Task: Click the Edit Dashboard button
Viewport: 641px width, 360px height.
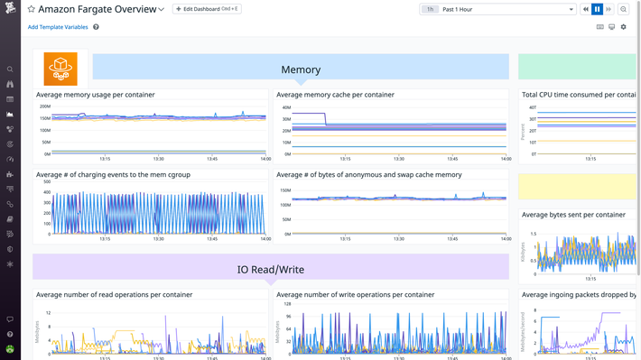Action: click(x=206, y=9)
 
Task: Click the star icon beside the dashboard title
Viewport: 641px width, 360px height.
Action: click(x=31, y=9)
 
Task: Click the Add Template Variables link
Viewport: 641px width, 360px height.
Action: click(x=58, y=27)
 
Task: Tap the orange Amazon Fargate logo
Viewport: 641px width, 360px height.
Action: click(x=60, y=69)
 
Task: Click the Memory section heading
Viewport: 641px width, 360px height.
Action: click(x=301, y=69)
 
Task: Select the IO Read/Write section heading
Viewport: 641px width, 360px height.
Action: click(x=271, y=269)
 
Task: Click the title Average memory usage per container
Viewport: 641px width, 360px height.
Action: click(x=95, y=95)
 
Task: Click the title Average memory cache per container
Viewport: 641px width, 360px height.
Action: click(x=335, y=95)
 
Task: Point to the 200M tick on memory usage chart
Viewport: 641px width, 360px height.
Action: click(x=44, y=106)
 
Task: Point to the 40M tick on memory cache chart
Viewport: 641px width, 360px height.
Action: click(x=285, y=107)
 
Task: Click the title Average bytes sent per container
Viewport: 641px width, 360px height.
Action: click(x=573, y=215)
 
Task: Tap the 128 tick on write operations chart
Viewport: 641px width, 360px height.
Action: click(x=286, y=304)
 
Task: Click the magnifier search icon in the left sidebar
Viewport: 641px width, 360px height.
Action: click(x=10, y=69)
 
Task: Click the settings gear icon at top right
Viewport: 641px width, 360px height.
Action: click(x=623, y=27)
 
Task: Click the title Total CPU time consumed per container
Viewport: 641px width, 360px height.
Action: click(x=580, y=95)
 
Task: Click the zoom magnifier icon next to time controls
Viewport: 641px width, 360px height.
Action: click(x=623, y=9)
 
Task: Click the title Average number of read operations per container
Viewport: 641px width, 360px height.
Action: click(x=114, y=294)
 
